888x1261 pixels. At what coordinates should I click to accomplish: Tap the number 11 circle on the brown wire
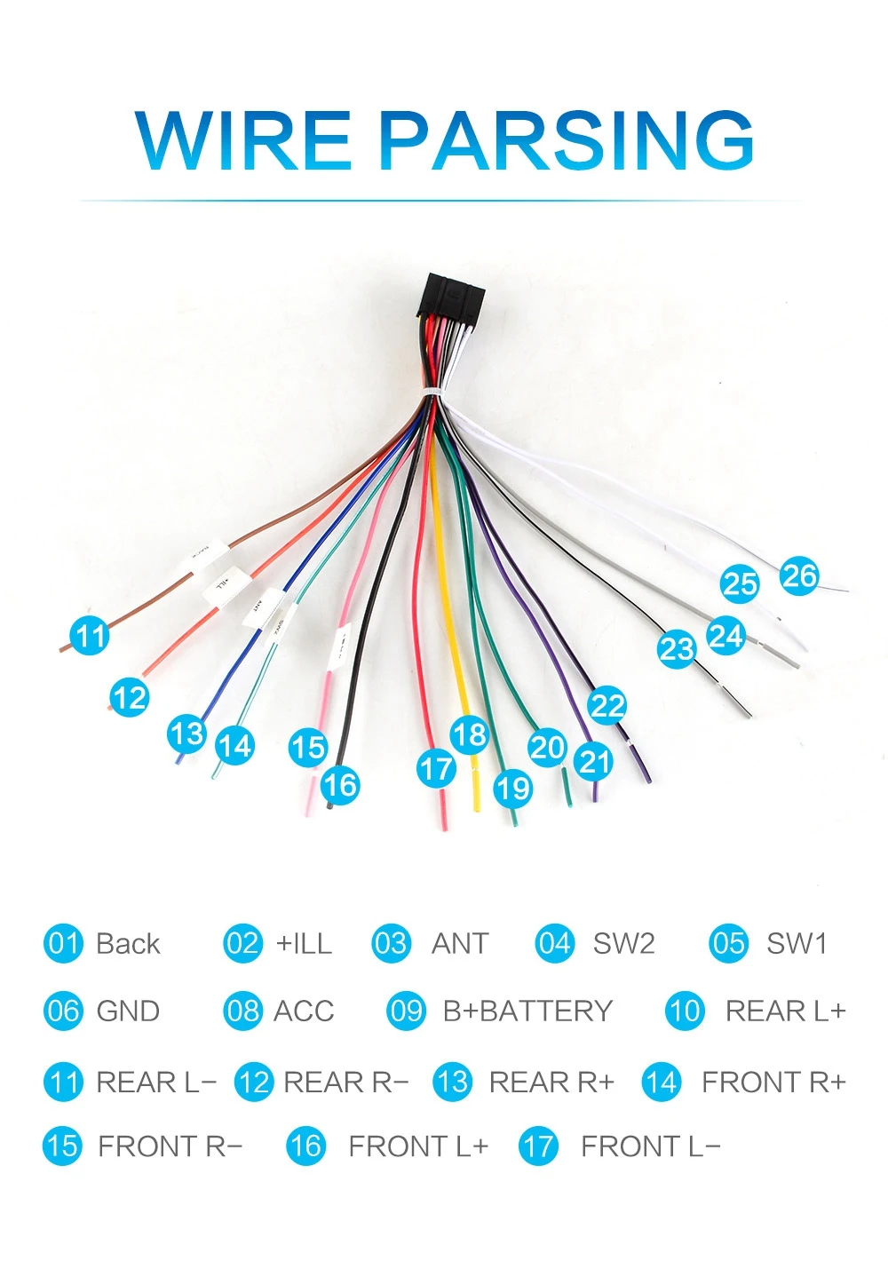pos(90,636)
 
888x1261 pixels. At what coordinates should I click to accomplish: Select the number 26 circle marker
pos(799,576)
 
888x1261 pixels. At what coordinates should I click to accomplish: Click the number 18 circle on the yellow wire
pos(469,734)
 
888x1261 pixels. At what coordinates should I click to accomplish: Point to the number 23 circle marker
pos(677,648)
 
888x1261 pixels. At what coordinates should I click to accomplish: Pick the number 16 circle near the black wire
pos(339,785)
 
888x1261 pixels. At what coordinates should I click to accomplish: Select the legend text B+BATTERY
pos(527,1011)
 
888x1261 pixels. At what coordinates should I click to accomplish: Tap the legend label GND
pos(128,1011)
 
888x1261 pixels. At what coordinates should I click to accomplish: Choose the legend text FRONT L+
pos(417,1146)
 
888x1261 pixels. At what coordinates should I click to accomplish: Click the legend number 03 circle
pos(391,943)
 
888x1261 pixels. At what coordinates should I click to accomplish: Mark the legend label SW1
pos(797,943)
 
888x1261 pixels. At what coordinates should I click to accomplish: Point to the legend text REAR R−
pos(345,1083)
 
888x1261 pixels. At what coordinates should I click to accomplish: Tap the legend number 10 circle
pos(685,1011)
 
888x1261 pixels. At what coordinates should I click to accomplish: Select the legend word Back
pos(128,943)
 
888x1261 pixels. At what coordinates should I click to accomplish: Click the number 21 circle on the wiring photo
pos(594,761)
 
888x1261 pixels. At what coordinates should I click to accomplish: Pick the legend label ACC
pos(304,1011)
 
